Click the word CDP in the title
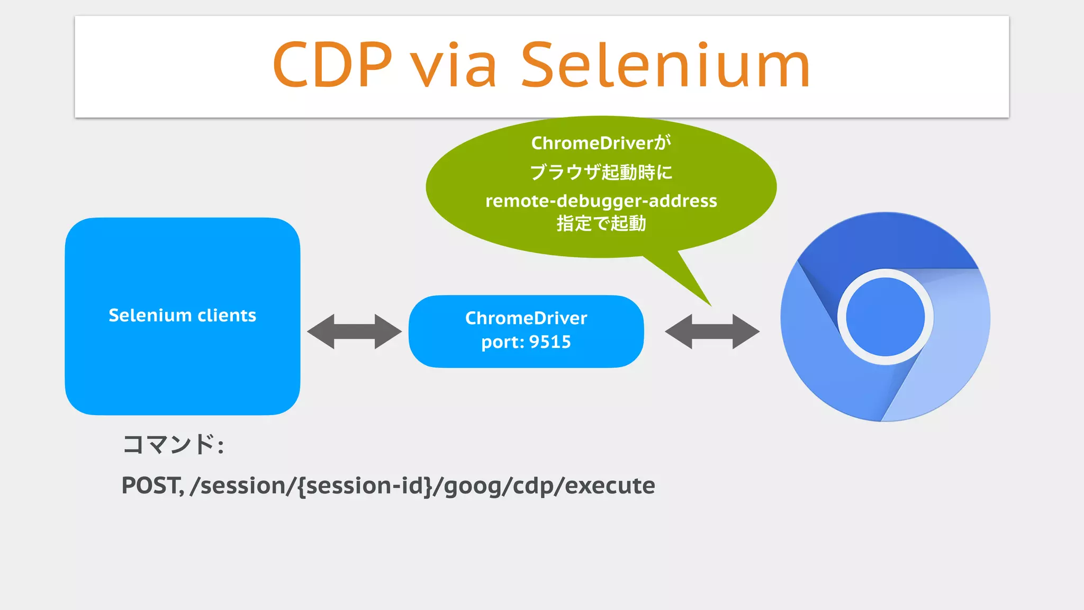coord(332,65)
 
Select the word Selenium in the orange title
coord(665,65)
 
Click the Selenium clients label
coord(182,316)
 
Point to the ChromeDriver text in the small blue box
coord(526,318)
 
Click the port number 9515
coord(550,342)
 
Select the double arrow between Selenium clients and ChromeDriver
coord(354,331)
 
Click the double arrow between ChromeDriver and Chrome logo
coord(712,331)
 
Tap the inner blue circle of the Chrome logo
coord(885,317)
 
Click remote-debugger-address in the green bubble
coord(601,201)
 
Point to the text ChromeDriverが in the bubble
coord(601,143)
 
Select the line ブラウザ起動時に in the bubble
coord(601,172)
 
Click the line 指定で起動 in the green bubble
coord(601,223)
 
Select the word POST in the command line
coord(151,486)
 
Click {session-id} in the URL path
coord(365,486)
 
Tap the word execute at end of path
coord(610,486)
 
